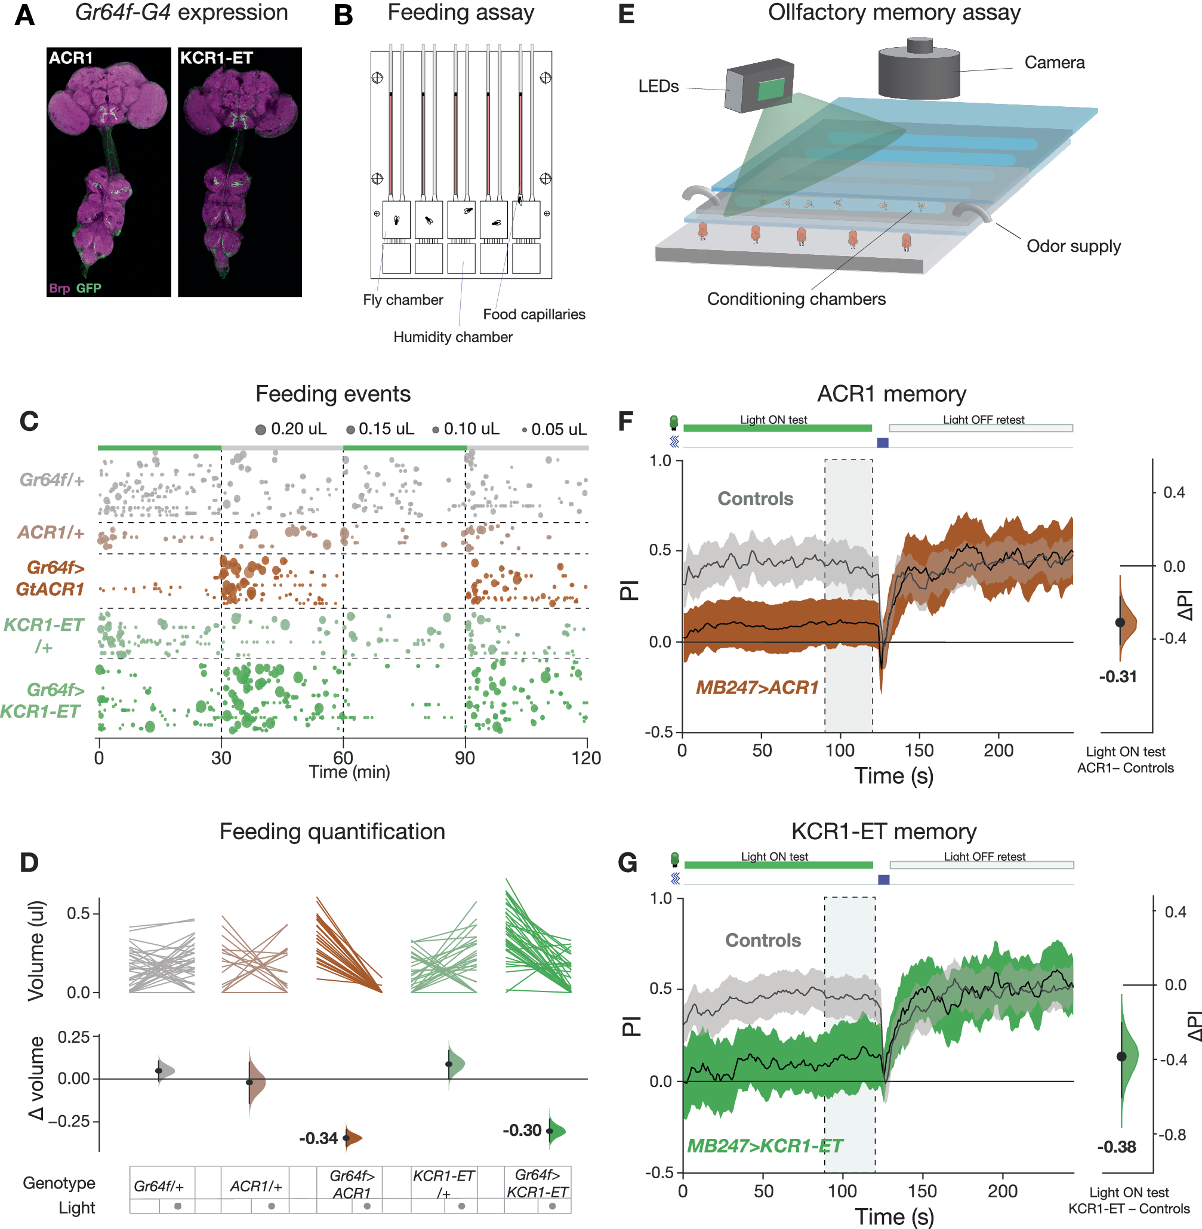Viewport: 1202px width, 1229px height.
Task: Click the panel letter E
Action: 625,14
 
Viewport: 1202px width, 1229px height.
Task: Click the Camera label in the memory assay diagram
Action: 1053,63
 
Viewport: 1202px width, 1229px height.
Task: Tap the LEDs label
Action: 658,87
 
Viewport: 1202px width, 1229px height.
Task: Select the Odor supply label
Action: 1073,246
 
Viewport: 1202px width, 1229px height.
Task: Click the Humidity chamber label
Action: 452,337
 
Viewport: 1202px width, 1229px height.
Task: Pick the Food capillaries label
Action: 534,315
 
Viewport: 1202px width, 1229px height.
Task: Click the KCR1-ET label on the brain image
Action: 216,58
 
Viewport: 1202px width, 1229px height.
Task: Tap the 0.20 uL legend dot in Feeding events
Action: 260,430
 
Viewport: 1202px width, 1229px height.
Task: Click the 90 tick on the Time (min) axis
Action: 466,757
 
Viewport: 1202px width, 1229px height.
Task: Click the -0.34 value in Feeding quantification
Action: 318,1138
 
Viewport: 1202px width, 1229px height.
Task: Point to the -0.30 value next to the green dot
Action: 522,1130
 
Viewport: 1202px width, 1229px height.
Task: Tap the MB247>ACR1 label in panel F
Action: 756,688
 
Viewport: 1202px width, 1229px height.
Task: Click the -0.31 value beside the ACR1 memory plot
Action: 1117,677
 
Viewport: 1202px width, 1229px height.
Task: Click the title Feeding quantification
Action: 332,831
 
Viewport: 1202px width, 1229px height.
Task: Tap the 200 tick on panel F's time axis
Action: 998,750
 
